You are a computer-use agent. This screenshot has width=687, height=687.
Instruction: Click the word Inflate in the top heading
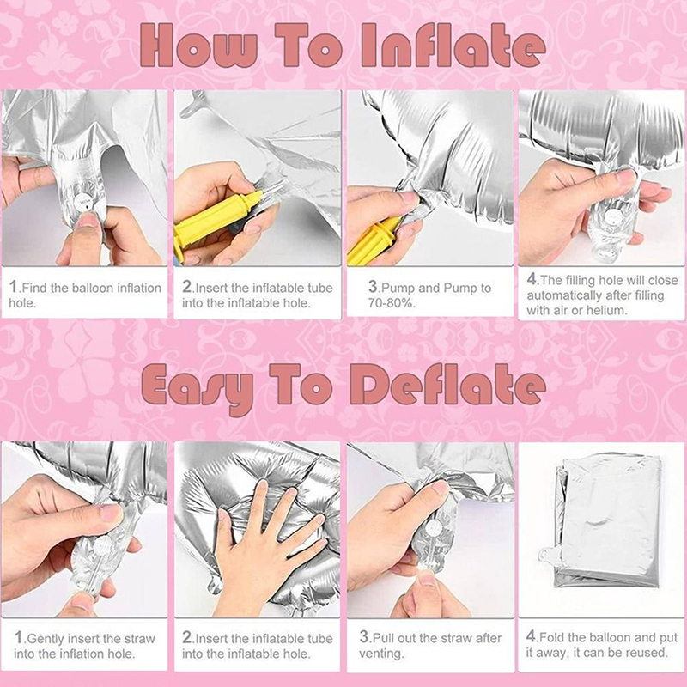click(453, 46)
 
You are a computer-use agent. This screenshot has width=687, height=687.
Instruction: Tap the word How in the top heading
click(198, 46)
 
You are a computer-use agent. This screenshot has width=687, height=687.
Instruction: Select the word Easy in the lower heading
click(198, 389)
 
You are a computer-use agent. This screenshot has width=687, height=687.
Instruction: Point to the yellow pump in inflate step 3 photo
click(373, 241)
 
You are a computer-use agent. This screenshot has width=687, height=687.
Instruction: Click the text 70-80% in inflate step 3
click(391, 303)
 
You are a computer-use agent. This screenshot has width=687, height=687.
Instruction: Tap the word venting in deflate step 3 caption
click(380, 654)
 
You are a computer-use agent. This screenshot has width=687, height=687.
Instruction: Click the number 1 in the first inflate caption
click(13, 287)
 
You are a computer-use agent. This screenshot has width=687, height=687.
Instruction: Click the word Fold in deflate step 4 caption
click(552, 637)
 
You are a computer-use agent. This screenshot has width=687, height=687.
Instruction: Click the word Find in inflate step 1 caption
click(35, 288)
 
